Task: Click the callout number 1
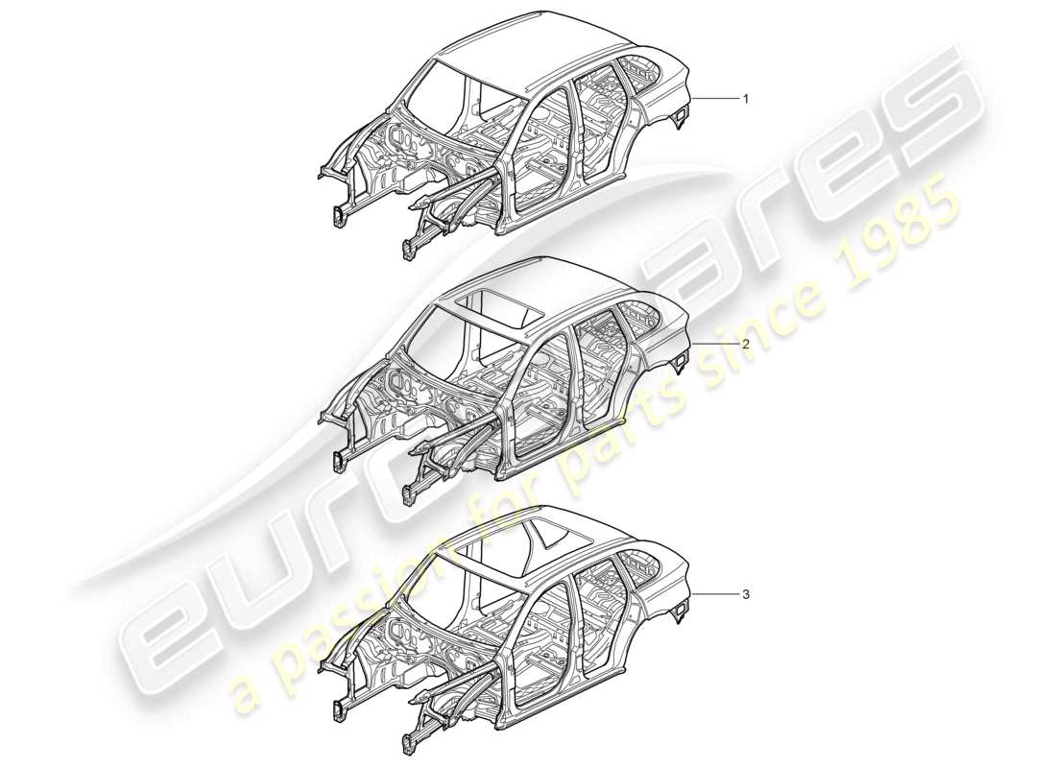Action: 745,99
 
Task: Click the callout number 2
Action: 745,343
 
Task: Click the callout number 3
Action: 745,595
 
